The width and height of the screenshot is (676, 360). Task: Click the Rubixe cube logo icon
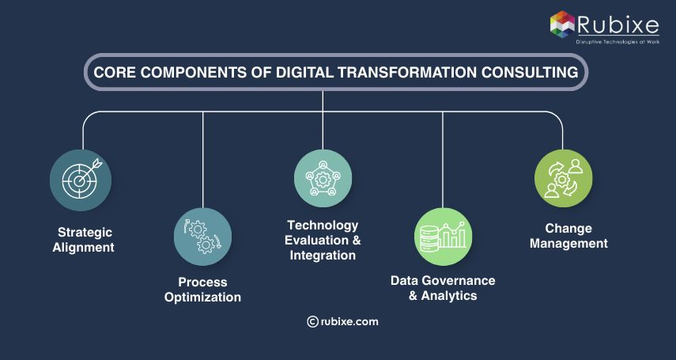[561, 23]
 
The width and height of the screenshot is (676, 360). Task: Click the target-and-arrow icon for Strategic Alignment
[81, 180]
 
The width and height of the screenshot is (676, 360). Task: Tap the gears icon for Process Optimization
[202, 237]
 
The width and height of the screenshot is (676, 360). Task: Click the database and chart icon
[443, 237]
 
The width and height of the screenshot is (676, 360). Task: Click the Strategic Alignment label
[84, 240]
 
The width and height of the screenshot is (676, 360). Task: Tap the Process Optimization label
[202, 290]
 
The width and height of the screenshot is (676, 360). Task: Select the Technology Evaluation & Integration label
[323, 241]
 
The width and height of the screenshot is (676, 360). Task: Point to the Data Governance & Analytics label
[443, 288]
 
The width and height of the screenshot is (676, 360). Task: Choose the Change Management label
[568, 236]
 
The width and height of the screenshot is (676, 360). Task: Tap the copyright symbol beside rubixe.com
[312, 321]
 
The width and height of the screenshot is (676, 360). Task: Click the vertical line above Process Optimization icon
[203, 158]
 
